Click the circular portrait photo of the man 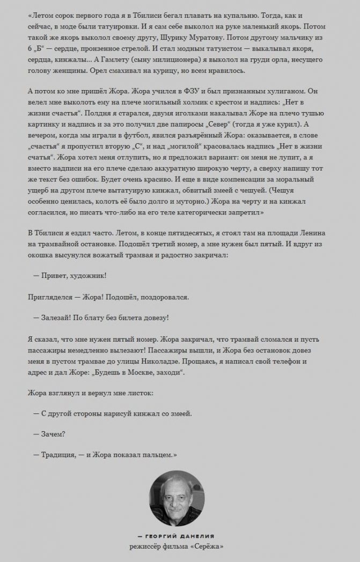(x=180, y=496)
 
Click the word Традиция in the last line (x=60, y=454)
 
